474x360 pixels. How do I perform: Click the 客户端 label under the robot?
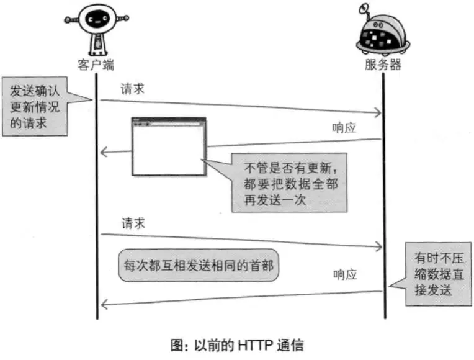click(x=96, y=64)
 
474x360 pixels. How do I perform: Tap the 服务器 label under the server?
click(x=382, y=64)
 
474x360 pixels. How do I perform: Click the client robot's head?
click(x=96, y=19)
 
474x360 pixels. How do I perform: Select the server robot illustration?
click(x=383, y=34)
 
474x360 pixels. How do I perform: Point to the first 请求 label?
click(x=133, y=88)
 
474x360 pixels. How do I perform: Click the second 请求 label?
click(x=133, y=223)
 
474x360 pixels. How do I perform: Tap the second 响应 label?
click(x=345, y=274)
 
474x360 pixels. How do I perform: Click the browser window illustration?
click(x=168, y=147)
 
